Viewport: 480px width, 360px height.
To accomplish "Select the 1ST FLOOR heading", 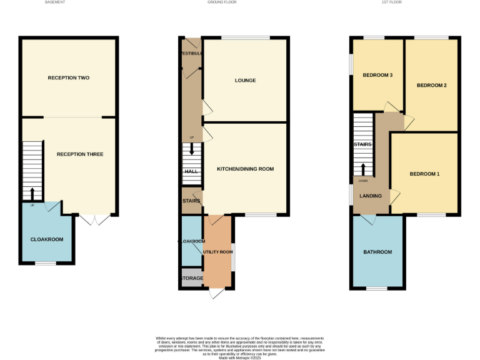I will [391, 2].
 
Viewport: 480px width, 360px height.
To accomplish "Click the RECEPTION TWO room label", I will [68, 78].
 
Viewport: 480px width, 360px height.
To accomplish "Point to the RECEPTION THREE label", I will [80, 154].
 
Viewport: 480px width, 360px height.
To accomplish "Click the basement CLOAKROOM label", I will [47, 239].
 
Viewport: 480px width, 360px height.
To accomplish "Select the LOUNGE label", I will [245, 81].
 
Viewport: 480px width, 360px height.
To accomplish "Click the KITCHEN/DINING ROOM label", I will [245, 169].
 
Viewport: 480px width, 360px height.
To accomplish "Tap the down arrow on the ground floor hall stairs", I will [192, 149].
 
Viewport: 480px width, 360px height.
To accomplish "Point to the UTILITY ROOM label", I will [217, 251].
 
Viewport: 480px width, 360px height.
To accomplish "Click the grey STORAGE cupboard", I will [192, 278].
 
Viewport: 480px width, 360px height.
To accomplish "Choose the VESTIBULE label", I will [191, 54].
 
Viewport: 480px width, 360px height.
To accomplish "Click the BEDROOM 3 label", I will [377, 76].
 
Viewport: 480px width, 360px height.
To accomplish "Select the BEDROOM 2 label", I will [431, 86].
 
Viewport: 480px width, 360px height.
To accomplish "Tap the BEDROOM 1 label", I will [424, 174].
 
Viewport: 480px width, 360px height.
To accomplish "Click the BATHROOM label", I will [377, 252].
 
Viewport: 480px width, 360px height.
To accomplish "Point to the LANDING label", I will [371, 196].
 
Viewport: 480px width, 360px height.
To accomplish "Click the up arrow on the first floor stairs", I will [363, 169].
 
